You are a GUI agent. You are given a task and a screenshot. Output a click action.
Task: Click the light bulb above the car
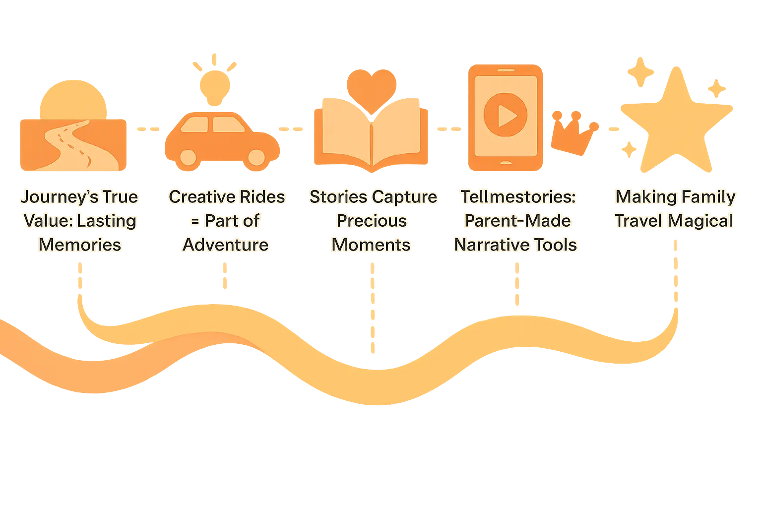tap(215, 88)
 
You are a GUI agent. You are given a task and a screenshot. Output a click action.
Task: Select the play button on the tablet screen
tap(506, 115)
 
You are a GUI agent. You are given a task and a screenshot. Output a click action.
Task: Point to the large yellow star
tap(677, 121)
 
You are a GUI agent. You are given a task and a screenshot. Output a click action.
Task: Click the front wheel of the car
tap(256, 157)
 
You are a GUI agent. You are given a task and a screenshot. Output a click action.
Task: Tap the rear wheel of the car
tap(188, 157)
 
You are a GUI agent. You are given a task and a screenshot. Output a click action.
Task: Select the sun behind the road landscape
tap(73, 100)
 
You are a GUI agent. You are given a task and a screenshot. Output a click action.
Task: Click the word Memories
tap(80, 245)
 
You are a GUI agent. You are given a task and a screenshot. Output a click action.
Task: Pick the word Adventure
tap(226, 245)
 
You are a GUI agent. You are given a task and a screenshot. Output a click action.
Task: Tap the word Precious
tap(372, 221)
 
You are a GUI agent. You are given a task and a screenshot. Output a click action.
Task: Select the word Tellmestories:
tap(518, 196)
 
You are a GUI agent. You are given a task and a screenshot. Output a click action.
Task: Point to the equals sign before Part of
tap(195, 221)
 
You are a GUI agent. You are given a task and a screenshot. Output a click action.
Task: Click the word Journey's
tap(60, 197)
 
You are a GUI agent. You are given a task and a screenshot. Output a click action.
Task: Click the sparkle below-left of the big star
tap(629, 149)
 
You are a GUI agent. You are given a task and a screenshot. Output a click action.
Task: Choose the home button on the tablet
tap(506, 163)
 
